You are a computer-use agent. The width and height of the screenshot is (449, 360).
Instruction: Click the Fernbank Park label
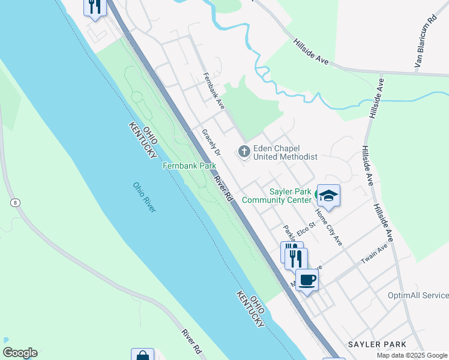pos(189,165)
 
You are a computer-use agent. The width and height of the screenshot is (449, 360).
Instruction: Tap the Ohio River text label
pos(144,197)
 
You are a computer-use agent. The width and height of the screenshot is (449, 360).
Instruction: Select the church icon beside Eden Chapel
pos(244,152)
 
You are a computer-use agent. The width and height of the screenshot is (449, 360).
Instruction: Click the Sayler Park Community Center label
pos(276,196)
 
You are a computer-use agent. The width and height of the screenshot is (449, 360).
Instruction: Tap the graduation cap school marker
pos(328,196)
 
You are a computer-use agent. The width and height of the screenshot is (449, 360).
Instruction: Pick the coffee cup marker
pos(307,280)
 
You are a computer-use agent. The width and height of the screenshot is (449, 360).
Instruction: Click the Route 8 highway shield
pos(14,203)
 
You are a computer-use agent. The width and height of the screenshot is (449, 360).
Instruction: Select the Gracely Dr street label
pos(211,143)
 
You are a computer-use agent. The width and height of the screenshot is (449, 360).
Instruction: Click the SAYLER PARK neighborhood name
pos(376,344)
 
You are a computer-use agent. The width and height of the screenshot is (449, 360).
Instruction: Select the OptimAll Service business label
pos(418,295)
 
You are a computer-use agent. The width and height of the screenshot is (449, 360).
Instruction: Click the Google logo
pos(20,353)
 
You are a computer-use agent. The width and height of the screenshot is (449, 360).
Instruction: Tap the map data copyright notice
pos(412,355)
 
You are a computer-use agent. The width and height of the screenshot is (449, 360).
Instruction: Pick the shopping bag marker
pos(143,355)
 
